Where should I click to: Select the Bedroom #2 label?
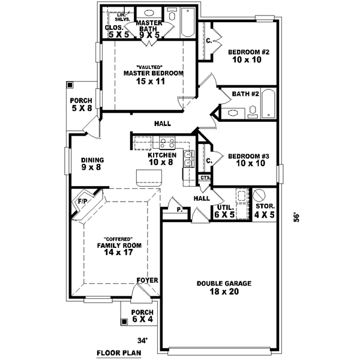pyautogui.click(x=248, y=56)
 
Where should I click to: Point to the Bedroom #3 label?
pyautogui.click(x=248, y=160)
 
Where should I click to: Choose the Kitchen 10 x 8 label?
pyautogui.click(x=161, y=159)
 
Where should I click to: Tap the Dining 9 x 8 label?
pyautogui.click(x=93, y=164)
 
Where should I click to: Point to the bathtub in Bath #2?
pyautogui.click(x=268, y=104)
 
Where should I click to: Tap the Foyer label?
pyautogui.click(x=147, y=280)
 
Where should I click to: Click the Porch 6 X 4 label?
pyautogui.click(x=142, y=316)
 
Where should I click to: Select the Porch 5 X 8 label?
pyautogui.click(x=81, y=105)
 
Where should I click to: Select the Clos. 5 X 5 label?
pyautogui.click(x=115, y=32)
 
